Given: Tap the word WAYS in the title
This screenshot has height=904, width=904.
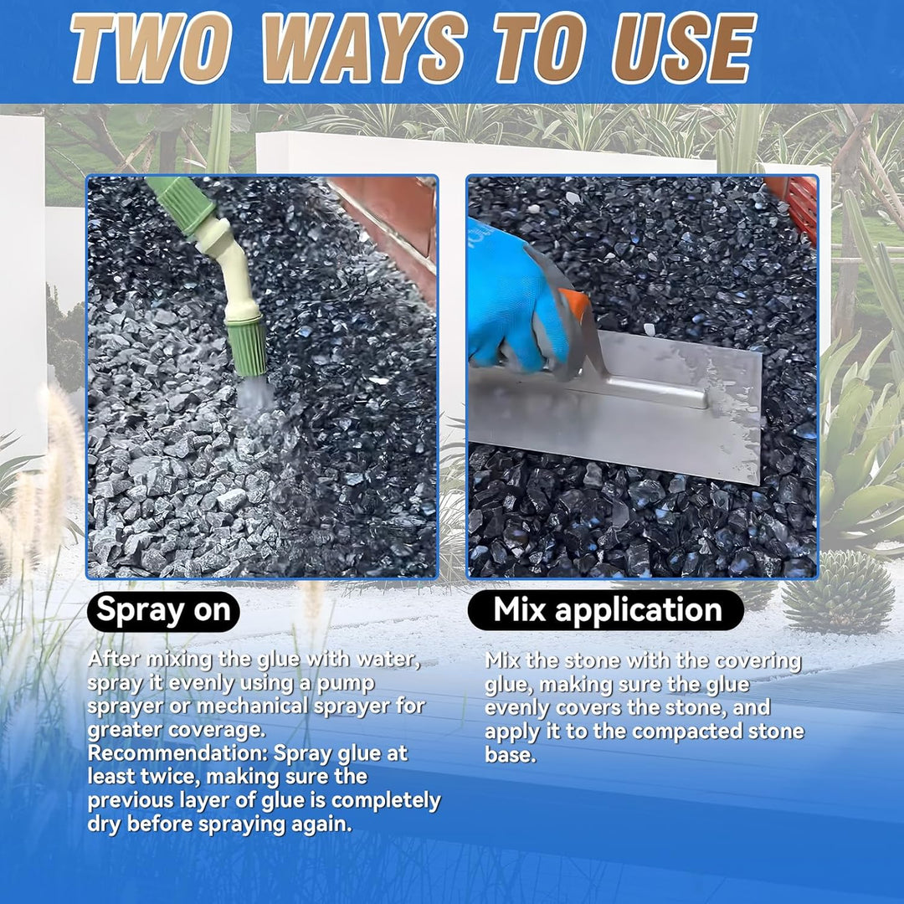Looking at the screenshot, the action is pos(364,48).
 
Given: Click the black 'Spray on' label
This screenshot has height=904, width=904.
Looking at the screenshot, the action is pos(163,610).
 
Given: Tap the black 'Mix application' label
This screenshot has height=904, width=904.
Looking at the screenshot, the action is pos(606,610).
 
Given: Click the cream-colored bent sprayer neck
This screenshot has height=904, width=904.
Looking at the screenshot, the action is pos(229,268).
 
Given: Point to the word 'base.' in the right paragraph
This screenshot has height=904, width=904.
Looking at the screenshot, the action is pos(511,755).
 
